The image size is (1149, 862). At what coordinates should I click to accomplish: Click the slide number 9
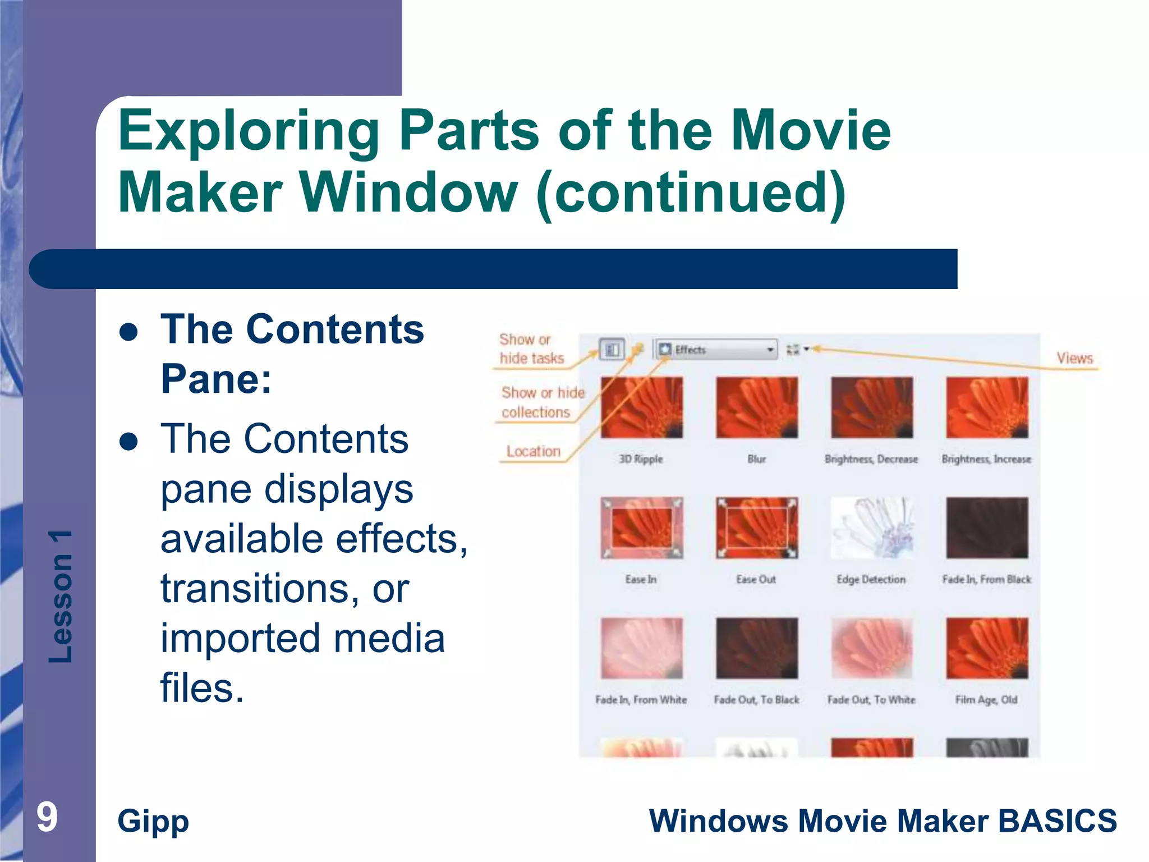coord(47,817)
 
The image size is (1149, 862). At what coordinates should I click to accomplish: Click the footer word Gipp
coord(153,821)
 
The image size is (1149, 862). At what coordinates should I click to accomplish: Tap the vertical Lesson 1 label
coord(61,596)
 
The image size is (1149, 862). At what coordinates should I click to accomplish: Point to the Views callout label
coord(1074,358)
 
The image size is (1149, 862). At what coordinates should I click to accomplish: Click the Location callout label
coord(533,451)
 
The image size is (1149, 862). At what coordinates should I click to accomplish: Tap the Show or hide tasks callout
coord(531,349)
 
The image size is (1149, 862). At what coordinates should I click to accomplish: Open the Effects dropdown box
coord(717,350)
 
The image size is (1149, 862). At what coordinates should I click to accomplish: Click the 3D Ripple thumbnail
coord(641,407)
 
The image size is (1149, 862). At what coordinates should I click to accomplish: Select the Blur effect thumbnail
coord(756,407)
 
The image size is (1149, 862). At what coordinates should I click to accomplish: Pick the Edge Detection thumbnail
coord(871,528)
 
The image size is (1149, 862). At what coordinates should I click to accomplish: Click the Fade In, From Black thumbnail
coord(987,528)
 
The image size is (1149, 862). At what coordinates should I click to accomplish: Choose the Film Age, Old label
coord(986,700)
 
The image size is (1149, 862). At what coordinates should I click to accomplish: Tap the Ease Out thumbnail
coord(756,528)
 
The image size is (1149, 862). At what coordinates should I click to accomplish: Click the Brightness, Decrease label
coord(871,459)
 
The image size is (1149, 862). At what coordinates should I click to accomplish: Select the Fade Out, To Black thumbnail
coord(756,648)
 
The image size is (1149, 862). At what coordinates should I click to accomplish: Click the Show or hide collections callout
coord(542,402)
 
